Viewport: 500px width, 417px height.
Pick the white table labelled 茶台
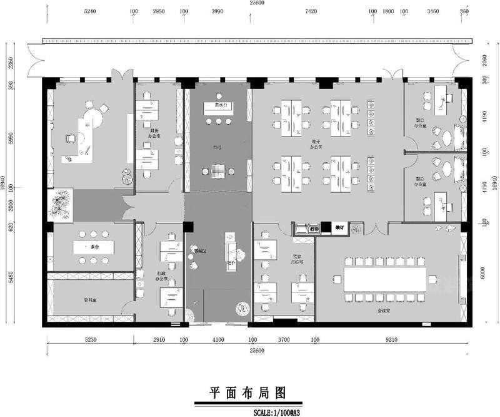(x=94, y=247)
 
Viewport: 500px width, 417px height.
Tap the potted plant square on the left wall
(x=61, y=205)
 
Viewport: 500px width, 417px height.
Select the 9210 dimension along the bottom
(x=390, y=340)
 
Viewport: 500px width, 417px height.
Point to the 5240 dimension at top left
(x=89, y=12)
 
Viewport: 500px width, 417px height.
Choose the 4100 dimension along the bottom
(x=217, y=340)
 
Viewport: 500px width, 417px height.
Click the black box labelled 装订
(x=340, y=228)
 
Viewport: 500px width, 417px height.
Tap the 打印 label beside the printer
(x=315, y=229)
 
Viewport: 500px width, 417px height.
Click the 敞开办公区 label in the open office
(x=317, y=145)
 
